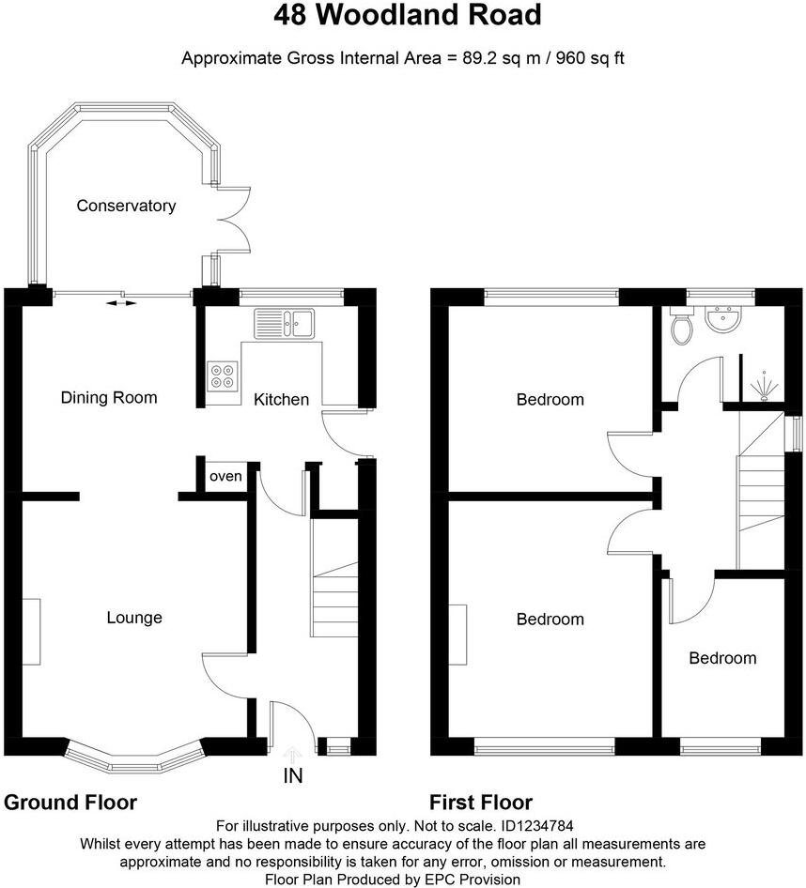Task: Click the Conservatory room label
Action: pyautogui.click(x=126, y=206)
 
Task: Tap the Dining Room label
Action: pyautogui.click(x=109, y=397)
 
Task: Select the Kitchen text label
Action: pyautogui.click(x=281, y=399)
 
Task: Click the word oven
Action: pyautogui.click(x=225, y=477)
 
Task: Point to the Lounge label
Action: pyautogui.click(x=134, y=618)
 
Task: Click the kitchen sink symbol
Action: pyautogui.click(x=287, y=323)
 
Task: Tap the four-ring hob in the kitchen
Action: pyautogui.click(x=224, y=375)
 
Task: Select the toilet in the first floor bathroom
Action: pyautogui.click(x=683, y=326)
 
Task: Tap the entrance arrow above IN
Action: pyautogui.click(x=292, y=753)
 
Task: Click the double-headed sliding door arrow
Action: pyautogui.click(x=118, y=303)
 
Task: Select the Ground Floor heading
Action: pyautogui.click(x=70, y=803)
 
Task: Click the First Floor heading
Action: pyautogui.click(x=481, y=803)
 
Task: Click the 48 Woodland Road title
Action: pyautogui.click(x=408, y=16)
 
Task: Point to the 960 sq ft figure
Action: pyautogui.click(x=588, y=58)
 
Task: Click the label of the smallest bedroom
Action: pyautogui.click(x=722, y=658)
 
